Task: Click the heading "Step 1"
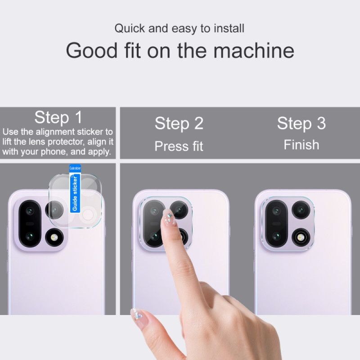pyautogui.click(x=58, y=118)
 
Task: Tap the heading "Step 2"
pyautogui.click(x=179, y=123)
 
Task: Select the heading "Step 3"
pyautogui.click(x=301, y=123)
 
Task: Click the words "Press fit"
pyautogui.click(x=179, y=146)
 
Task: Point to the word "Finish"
pyautogui.click(x=301, y=145)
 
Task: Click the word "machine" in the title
pyautogui.click(x=254, y=50)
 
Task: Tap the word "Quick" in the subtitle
pyautogui.click(x=130, y=29)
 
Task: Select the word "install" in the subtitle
pyautogui.click(x=229, y=29)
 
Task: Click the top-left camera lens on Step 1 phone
pyautogui.click(x=30, y=210)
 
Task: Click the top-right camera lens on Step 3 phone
pyautogui.click(x=299, y=210)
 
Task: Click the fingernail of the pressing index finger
pyautogui.click(x=168, y=217)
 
